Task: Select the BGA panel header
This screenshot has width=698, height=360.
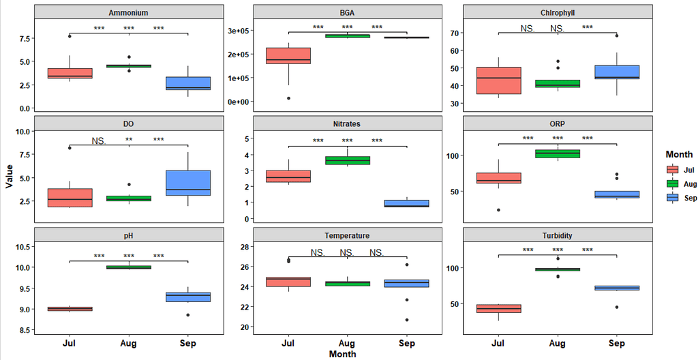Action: (x=347, y=12)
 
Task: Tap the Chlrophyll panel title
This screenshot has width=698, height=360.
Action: (x=556, y=12)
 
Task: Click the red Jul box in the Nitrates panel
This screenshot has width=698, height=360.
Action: (x=288, y=176)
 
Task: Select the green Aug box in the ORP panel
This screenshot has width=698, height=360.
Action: (x=557, y=153)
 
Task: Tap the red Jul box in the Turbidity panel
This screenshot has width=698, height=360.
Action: (x=498, y=308)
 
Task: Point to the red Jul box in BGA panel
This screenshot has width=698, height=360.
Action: (x=288, y=56)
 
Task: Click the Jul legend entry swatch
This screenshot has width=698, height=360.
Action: (x=672, y=170)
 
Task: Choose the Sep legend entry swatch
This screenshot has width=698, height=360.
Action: (x=672, y=198)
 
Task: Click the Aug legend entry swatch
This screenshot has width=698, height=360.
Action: (x=672, y=184)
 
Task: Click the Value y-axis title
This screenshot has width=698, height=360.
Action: (x=8, y=175)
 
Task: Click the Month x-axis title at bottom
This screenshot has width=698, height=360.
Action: (x=342, y=355)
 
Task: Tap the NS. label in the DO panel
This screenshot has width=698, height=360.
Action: (x=99, y=141)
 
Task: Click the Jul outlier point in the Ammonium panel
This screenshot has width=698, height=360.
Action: (x=70, y=36)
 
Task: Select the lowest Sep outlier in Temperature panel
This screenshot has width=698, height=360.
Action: (x=406, y=320)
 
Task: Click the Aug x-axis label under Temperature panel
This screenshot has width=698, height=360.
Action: (x=346, y=344)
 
